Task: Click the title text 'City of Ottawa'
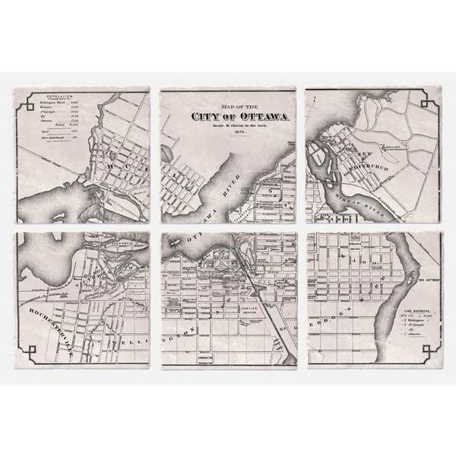tap(228, 116)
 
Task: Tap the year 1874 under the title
tap(228, 132)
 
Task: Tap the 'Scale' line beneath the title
tap(228, 125)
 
